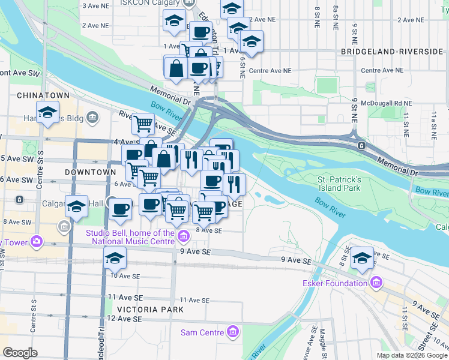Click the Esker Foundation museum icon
tap(376, 282)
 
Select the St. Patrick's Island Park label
tap(339, 184)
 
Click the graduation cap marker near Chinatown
tap(47, 112)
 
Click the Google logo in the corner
tap(20, 353)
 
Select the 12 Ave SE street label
tap(124, 319)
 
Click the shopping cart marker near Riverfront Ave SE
tap(143, 124)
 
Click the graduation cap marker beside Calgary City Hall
tap(76, 207)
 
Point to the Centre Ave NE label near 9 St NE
tap(382, 71)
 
